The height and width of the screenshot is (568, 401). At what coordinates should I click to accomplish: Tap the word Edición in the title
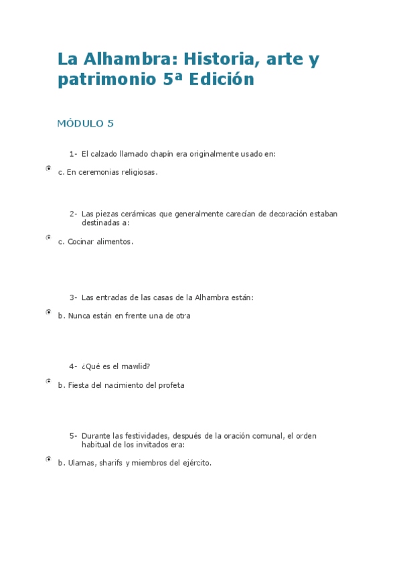coord(222,80)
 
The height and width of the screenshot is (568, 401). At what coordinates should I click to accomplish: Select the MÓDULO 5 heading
coord(85,123)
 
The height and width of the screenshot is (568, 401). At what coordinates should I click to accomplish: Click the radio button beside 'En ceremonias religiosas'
coord(48,169)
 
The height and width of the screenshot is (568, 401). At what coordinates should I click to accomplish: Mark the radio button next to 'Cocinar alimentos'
coord(48,238)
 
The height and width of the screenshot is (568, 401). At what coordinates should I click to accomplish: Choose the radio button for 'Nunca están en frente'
coord(48,312)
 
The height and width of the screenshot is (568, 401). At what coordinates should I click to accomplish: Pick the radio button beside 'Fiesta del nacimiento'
coord(48,381)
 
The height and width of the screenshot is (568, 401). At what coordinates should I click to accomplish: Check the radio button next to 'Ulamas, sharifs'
coord(48,459)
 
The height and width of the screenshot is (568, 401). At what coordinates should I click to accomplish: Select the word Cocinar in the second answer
coord(80,242)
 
